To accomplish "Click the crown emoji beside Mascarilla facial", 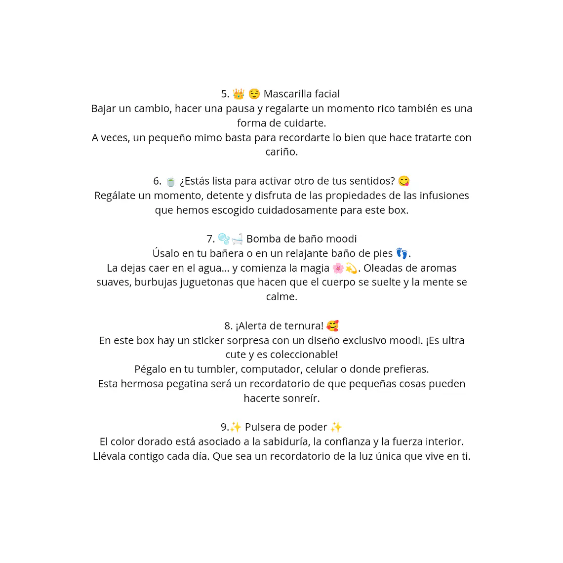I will click(239, 94).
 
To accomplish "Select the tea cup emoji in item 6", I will click(170, 182).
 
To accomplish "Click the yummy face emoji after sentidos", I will click(404, 181).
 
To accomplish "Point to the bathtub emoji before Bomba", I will click(237, 239).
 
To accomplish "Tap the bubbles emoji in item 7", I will click(224, 239).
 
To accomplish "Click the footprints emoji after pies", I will click(402, 254).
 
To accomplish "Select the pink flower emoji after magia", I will click(338, 268).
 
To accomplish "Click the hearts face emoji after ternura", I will click(333, 326).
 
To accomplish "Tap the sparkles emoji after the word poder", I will click(336, 427).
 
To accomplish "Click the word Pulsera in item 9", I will click(262, 427).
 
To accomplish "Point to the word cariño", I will click(281, 152).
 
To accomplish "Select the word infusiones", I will click(444, 196).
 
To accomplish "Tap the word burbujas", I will click(156, 282).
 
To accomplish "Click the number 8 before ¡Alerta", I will click(228, 326).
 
